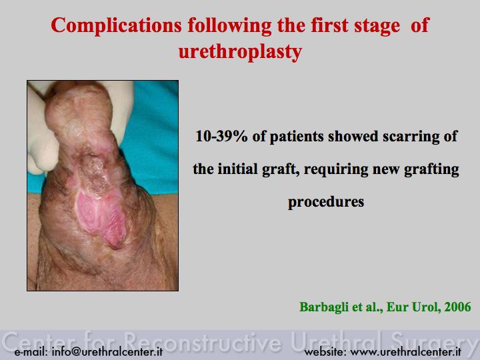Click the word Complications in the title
tap(116, 26)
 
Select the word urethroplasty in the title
tap(240, 52)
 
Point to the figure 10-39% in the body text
tap(221, 136)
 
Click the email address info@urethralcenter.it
tap(107, 352)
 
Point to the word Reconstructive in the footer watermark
tap(203, 342)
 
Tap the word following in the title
tap(229, 26)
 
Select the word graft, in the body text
tap(281, 170)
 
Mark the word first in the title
tap(329, 26)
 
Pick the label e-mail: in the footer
tap(31, 352)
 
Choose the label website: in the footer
tap(325, 352)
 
